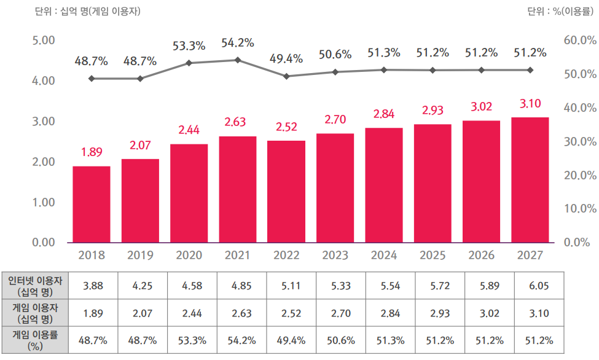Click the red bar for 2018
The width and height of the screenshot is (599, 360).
click(92, 204)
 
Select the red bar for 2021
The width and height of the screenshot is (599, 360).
click(238, 189)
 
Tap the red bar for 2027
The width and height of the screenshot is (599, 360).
click(530, 179)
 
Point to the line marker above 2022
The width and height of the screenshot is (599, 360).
click(287, 76)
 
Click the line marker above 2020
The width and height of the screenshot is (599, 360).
click(189, 63)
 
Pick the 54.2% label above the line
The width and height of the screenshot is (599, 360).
click(238, 44)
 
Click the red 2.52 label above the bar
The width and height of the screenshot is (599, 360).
click(286, 127)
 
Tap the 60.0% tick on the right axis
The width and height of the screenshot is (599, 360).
click(579, 41)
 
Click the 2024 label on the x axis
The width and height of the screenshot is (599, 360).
click(384, 255)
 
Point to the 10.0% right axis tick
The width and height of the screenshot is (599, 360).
click(579, 209)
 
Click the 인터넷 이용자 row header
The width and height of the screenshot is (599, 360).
click(36, 286)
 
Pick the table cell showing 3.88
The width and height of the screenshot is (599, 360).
click(92, 286)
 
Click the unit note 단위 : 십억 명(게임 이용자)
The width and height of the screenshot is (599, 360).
click(88, 11)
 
